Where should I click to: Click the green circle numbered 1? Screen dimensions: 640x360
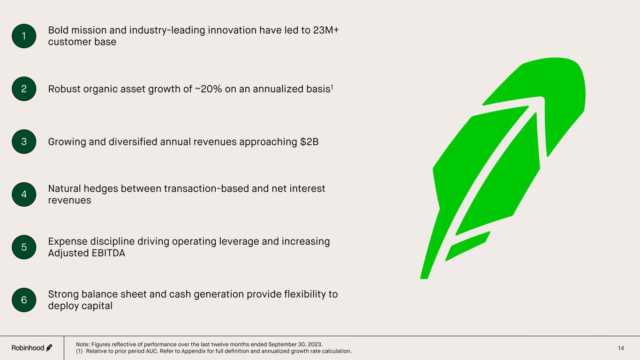(x=24, y=36)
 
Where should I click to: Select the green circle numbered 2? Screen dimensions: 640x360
(x=24, y=89)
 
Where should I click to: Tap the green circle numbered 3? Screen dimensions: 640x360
(x=24, y=142)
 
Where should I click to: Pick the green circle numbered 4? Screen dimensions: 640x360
(x=24, y=195)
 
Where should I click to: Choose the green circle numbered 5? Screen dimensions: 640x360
(x=24, y=247)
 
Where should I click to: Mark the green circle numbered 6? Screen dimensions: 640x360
(x=24, y=300)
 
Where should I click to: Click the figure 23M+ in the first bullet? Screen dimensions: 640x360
(x=326, y=30)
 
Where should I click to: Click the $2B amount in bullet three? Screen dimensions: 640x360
(x=309, y=142)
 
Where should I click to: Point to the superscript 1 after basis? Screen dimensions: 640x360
(x=332, y=87)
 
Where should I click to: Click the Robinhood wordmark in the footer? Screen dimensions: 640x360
(x=28, y=348)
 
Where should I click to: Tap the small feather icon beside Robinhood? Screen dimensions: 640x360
(x=49, y=348)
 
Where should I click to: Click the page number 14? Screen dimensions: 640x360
(x=621, y=348)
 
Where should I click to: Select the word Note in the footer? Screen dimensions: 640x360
(x=83, y=345)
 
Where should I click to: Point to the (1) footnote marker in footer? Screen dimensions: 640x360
(x=79, y=351)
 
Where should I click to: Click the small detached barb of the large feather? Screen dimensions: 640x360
(x=468, y=246)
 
